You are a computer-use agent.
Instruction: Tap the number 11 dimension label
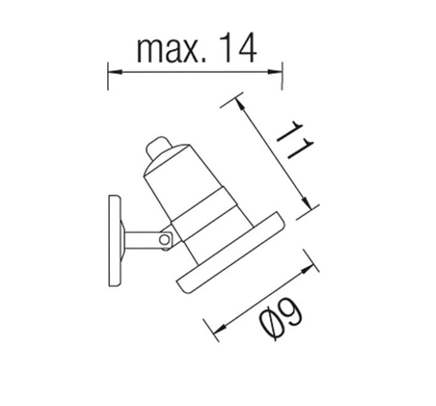coord(295,140)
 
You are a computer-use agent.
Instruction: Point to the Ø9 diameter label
coord(281,319)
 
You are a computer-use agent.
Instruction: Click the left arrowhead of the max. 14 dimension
coord(115,71)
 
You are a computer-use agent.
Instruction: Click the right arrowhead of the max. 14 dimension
coord(275,71)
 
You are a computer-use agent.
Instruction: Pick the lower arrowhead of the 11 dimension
coord(307,203)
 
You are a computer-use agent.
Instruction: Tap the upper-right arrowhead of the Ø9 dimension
coord(307,268)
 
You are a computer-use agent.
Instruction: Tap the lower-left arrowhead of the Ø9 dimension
coord(220,329)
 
